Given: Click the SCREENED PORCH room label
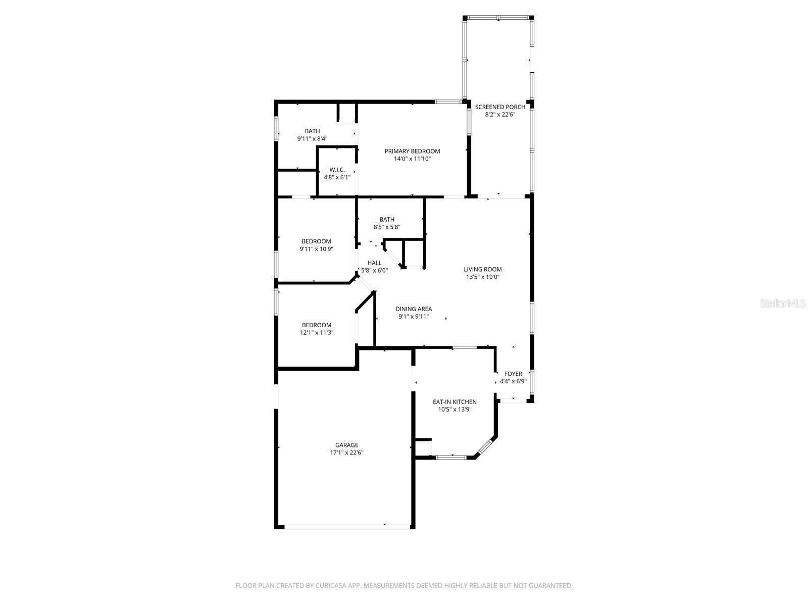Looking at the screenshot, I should pyautogui.click(x=500, y=107).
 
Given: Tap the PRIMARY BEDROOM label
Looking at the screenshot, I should pyautogui.click(x=412, y=151).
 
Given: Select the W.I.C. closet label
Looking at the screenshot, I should pyautogui.click(x=337, y=170).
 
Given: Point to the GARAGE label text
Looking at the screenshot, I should pyautogui.click(x=346, y=445).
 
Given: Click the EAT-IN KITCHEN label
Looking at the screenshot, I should pyautogui.click(x=454, y=402).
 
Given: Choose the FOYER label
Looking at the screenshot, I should pyautogui.click(x=513, y=374).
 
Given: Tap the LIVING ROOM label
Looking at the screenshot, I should pyautogui.click(x=483, y=269).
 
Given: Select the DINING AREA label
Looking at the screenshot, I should pyautogui.click(x=414, y=309).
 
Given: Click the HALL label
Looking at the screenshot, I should pyautogui.click(x=374, y=263).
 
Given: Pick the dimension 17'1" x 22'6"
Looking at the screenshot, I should pyautogui.click(x=346, y=453).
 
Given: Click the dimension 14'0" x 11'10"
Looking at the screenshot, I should pyautogui.click(x=412, y=159).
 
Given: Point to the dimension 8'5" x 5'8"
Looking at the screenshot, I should pyautogui.click(x=387, y=227).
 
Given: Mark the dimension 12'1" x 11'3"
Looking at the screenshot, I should pyautogui.click(x=317, y=333).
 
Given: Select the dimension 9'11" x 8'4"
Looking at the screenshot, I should pyautogui.click(x=312, y=139).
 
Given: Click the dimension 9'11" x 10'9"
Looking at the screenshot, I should pyautogui.click(x=317, y=249).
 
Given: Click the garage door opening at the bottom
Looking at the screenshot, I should pyautogui.click(x=347, y=527).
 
